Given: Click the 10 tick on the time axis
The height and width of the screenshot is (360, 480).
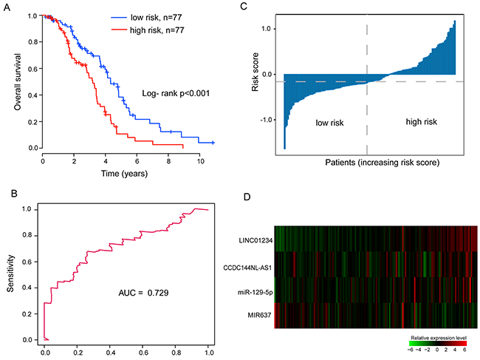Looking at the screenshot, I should point(199,160).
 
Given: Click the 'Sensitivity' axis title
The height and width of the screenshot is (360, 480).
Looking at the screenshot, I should point(10,276).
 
